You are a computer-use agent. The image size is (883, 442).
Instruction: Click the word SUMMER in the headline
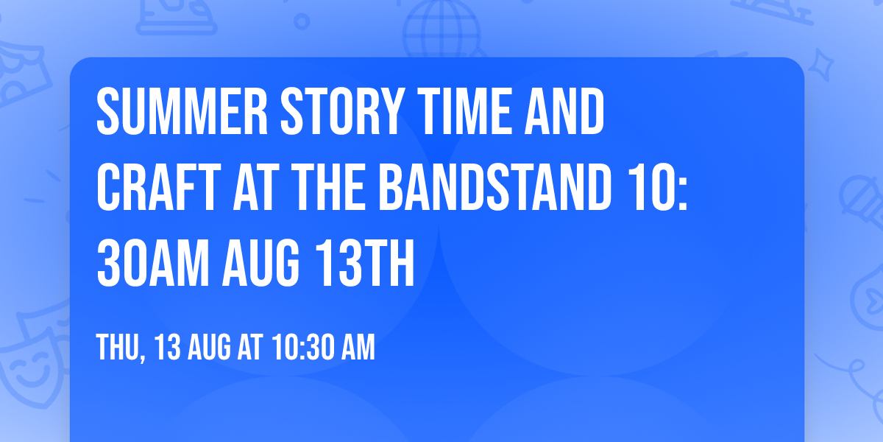point(182,112)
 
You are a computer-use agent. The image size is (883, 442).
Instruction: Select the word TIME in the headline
point(465,112)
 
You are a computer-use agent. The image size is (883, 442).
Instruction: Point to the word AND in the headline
point(564,112)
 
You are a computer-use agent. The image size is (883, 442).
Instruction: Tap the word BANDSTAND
point(494,187)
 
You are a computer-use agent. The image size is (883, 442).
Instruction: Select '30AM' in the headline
point(153,263)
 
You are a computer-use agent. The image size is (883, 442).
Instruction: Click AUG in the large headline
point(260,263)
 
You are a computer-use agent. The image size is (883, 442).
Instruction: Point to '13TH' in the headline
point(365,263)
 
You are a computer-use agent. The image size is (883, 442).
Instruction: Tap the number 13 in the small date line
point(168,347)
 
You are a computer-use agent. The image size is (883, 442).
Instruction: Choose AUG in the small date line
point(209,347)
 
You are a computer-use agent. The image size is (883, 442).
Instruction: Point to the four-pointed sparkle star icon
point(820,65)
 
